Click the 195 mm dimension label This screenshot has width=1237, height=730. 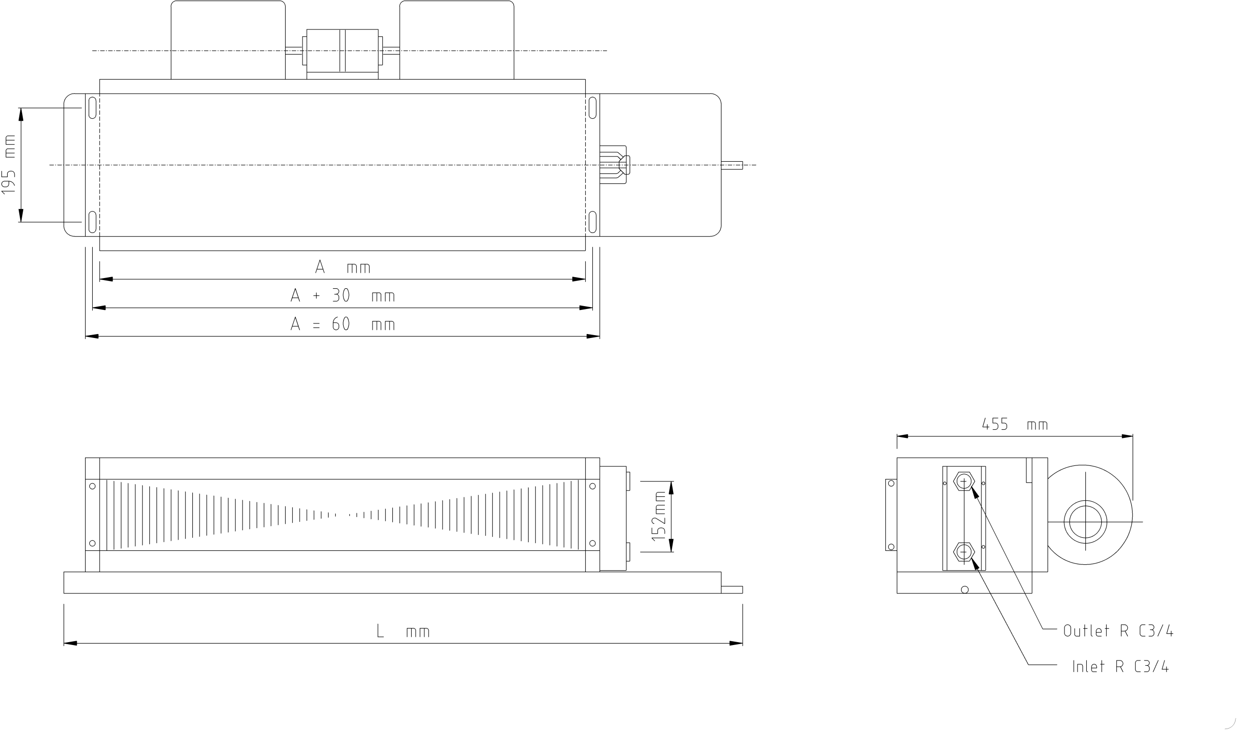click(9, 165)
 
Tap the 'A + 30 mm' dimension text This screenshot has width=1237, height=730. click(343, 295)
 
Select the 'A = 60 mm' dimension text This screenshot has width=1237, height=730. click(343, 323)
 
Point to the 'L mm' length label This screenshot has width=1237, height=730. click(403, 631)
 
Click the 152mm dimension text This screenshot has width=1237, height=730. click(659, 516)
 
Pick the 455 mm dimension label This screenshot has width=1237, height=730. click(1015, 424)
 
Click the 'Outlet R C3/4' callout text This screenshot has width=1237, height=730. click(1118, 631)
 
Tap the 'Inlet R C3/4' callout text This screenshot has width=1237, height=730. click(1121, 667)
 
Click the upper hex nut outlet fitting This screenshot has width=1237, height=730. click(964, 481)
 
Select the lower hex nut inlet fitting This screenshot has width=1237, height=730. click(964, 552)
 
